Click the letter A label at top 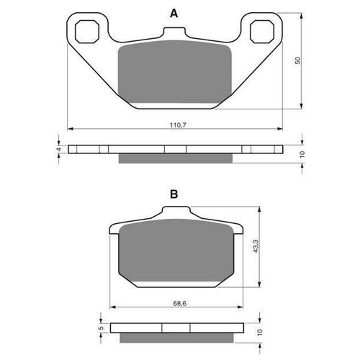coord(173,12)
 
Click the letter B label coord(174,194)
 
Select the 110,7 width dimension coord(174,125)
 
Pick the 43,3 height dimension coord(256,247)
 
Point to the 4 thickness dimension coord(59,150)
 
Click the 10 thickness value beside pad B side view coord(258,333)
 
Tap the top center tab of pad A coord(173,35)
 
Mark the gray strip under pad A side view coord(173,158)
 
